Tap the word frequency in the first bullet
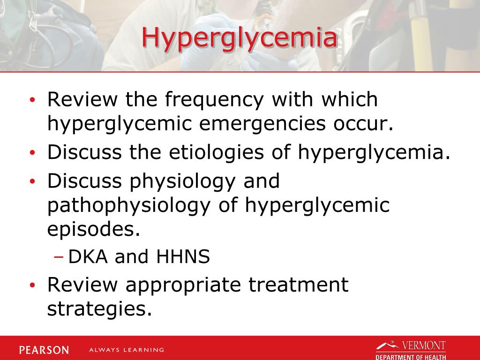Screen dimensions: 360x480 tap(217, 100)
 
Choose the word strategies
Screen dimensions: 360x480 tap(100, 309)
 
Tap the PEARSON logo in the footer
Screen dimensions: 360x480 tap(44, 350)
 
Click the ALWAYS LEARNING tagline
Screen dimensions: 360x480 tap(126, 350)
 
